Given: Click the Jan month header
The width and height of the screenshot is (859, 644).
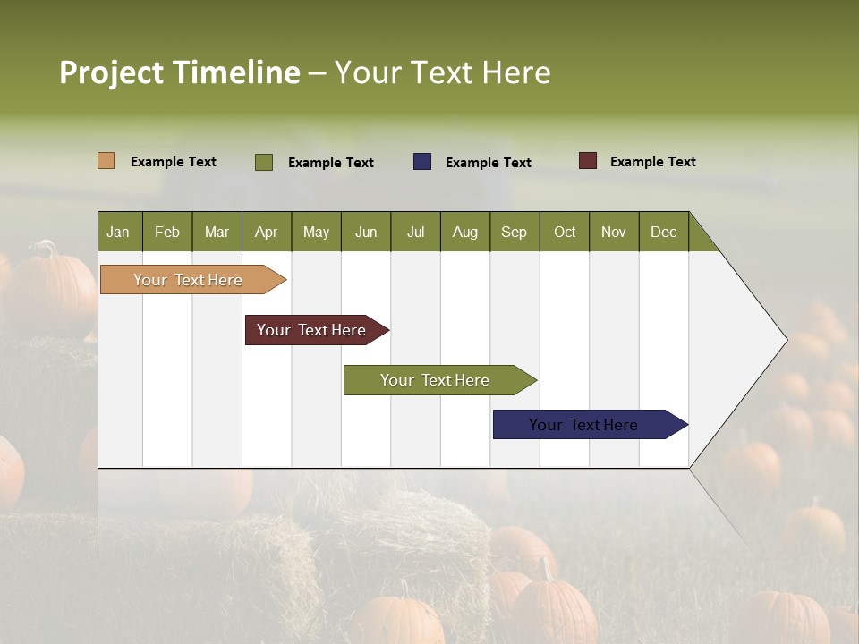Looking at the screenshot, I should (x=119, y=232).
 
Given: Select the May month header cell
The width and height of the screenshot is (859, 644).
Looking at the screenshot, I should (x=316, y=232).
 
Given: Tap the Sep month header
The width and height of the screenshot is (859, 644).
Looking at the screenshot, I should (x=514, y=232).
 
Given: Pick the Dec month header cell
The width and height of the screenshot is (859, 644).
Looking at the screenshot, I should (x=663, y=232).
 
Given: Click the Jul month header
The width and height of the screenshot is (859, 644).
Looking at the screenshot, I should (x=415, y=232).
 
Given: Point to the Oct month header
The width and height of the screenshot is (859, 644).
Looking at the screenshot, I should (x=564, y=232).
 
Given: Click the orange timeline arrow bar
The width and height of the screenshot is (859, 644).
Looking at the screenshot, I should (x=189, y=280).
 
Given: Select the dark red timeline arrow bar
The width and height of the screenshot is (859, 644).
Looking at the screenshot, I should (x=312, y=330).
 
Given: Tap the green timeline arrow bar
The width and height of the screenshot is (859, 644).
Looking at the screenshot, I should (x=435, y=380).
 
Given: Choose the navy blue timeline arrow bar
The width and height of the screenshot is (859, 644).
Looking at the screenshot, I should (x=584, y=425).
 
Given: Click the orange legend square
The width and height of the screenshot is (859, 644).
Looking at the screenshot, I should (x=106, y=161).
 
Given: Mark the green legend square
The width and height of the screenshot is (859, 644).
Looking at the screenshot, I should (x=264, y=162).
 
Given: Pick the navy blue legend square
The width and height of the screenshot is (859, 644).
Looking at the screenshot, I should (x=422, y=161).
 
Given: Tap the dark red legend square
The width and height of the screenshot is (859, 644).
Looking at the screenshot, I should (x=587, y=161).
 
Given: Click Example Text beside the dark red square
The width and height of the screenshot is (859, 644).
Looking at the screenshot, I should (x=652, y=162).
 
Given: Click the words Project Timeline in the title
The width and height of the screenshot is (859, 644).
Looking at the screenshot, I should (x=179, y=72).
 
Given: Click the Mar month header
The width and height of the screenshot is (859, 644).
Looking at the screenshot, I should (x=217, y=232).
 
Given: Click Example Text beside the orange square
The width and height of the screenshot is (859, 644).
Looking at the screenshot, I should (x=173, y=162).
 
